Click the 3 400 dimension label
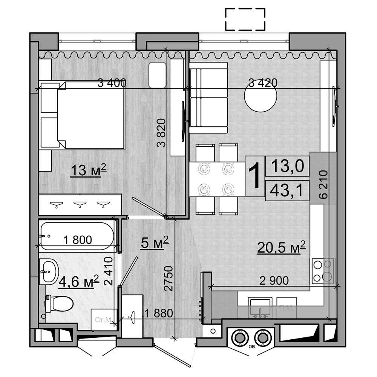[x=112, y=83]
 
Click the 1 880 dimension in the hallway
[x=159, y=313]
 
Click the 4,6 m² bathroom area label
[x=79, y=281]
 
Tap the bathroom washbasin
[x=49, y=271]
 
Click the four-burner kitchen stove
[x=323, y=271]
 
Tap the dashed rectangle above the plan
[x=245, y=19]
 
